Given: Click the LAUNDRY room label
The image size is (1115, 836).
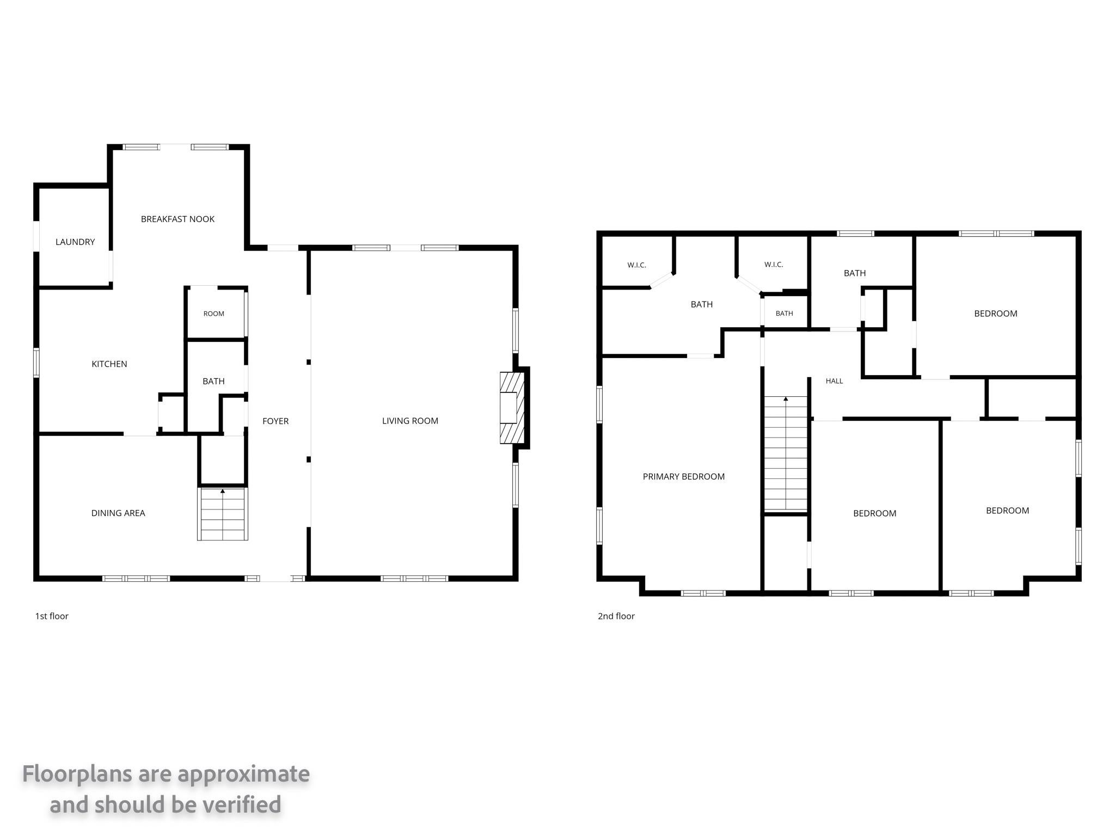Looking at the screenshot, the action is click(75, 242).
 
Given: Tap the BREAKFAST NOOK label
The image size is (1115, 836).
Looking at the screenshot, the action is click(177, 219).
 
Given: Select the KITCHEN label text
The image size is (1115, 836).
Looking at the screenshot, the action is click(109, 364).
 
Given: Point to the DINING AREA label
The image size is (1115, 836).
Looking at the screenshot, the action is click(118, 513).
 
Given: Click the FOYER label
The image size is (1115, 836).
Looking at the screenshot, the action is click(275, 421).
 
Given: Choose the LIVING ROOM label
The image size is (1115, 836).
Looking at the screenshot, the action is click(410, 421).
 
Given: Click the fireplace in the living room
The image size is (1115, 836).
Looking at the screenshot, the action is click(512, 408).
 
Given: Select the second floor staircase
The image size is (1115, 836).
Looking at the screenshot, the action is click(786, 454).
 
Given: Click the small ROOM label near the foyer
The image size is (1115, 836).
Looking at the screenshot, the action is click(213, 313).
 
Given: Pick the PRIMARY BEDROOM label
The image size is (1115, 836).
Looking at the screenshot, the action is click(683, 476).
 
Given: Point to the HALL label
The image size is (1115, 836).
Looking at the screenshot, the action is click(834, 381).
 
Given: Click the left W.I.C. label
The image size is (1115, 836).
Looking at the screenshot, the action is click(636, 265).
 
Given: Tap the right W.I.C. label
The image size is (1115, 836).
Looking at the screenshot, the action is click(773, 265).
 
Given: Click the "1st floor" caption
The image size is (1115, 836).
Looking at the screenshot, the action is click(52, 616).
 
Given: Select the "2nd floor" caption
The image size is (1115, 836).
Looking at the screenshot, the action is click(616, 616).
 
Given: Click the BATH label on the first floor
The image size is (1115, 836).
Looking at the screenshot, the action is click(213, 381).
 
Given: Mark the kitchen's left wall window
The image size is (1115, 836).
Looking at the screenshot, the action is click(36, 363).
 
